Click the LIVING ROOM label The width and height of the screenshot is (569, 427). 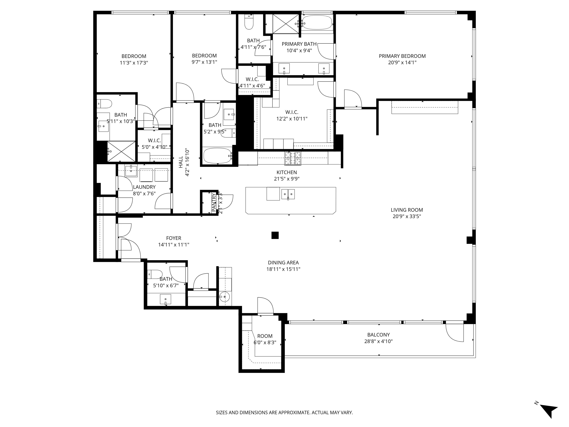pos(407,210)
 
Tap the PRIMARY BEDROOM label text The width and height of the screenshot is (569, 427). pos(402,56)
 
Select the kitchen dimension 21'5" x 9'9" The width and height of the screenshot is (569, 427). pos(287,179)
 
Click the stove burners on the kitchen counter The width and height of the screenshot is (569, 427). pos(292,158)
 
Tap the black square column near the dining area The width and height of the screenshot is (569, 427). pos(275,235)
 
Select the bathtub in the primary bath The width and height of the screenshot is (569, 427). pos(317,23)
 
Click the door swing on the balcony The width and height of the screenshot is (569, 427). pos(455,332)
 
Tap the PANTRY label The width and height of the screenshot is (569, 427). pos(214,202)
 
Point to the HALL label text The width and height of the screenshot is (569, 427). pos(181,162)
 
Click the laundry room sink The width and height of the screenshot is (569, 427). pos(131,171)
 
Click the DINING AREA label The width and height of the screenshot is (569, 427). pos(283,263)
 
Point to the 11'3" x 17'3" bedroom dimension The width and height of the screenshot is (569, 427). pos(134,62)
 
